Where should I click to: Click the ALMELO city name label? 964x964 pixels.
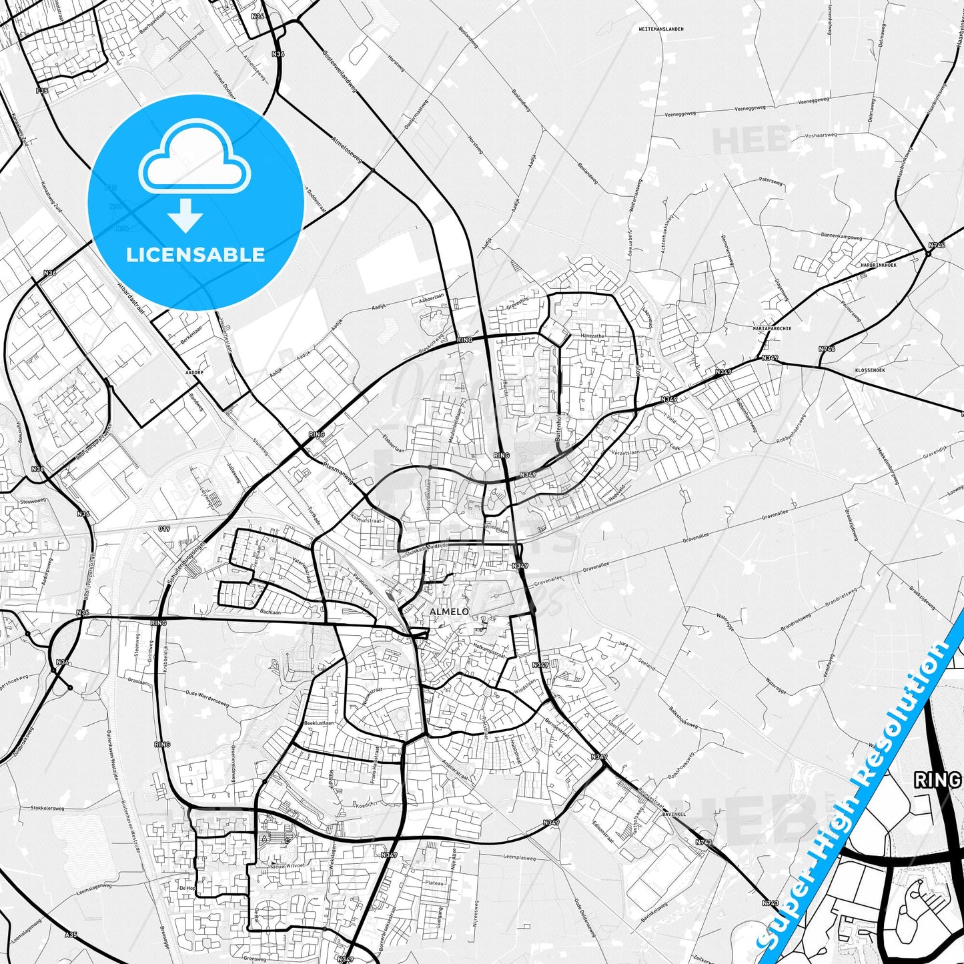449,611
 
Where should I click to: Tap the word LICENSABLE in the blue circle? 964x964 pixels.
195,255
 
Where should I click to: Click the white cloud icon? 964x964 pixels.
195,163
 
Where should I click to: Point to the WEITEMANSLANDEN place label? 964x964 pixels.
660,29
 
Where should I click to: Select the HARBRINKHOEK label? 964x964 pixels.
878,265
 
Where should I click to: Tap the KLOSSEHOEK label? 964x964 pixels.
869,370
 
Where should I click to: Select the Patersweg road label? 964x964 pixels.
770,179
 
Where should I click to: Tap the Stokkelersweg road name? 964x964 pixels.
47,808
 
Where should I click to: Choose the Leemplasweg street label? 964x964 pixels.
519,859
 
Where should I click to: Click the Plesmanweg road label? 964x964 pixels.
337,470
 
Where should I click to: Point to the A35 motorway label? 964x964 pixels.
71,935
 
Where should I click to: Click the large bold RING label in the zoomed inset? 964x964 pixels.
937,780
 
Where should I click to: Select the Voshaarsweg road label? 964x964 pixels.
821,135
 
